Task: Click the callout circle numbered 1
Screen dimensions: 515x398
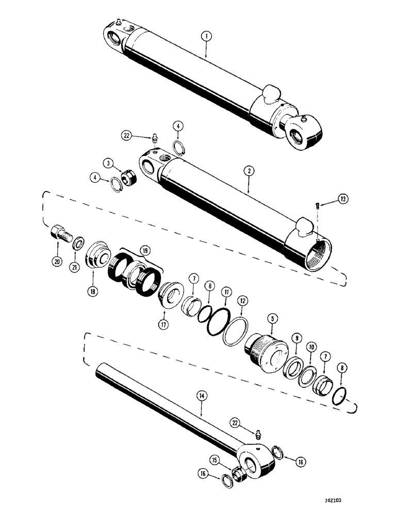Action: tap(205, 37)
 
